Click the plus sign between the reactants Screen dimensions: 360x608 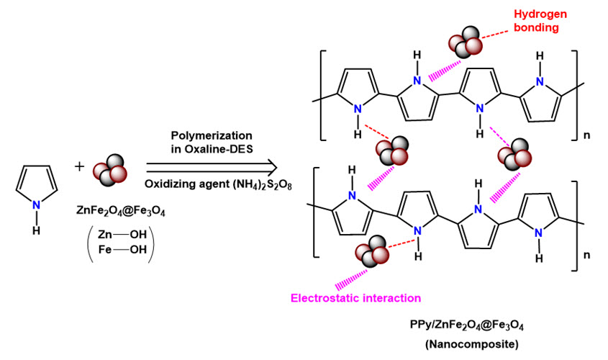(x=79, y=166)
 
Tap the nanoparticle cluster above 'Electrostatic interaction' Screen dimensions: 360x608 (x=371, y=253)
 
